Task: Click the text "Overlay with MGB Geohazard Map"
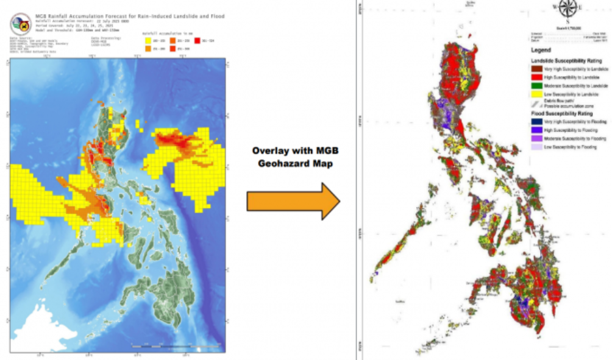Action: [x=293, y=157]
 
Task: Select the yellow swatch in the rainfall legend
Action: [x=146, y=40]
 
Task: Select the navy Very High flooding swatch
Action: [x=536, y=122]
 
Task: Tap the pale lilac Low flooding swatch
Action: [x=536, y=147]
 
